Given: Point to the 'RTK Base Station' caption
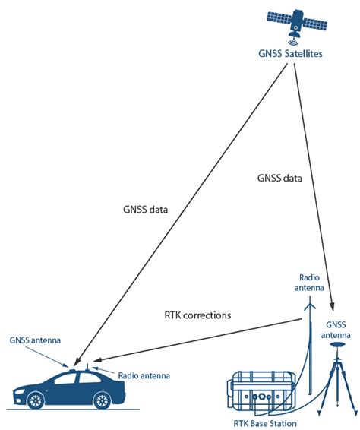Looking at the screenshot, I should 265,422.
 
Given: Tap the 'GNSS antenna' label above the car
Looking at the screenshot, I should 35,340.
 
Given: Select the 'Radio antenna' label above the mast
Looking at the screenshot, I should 311,283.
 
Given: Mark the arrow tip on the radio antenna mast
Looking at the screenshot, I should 308,302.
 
